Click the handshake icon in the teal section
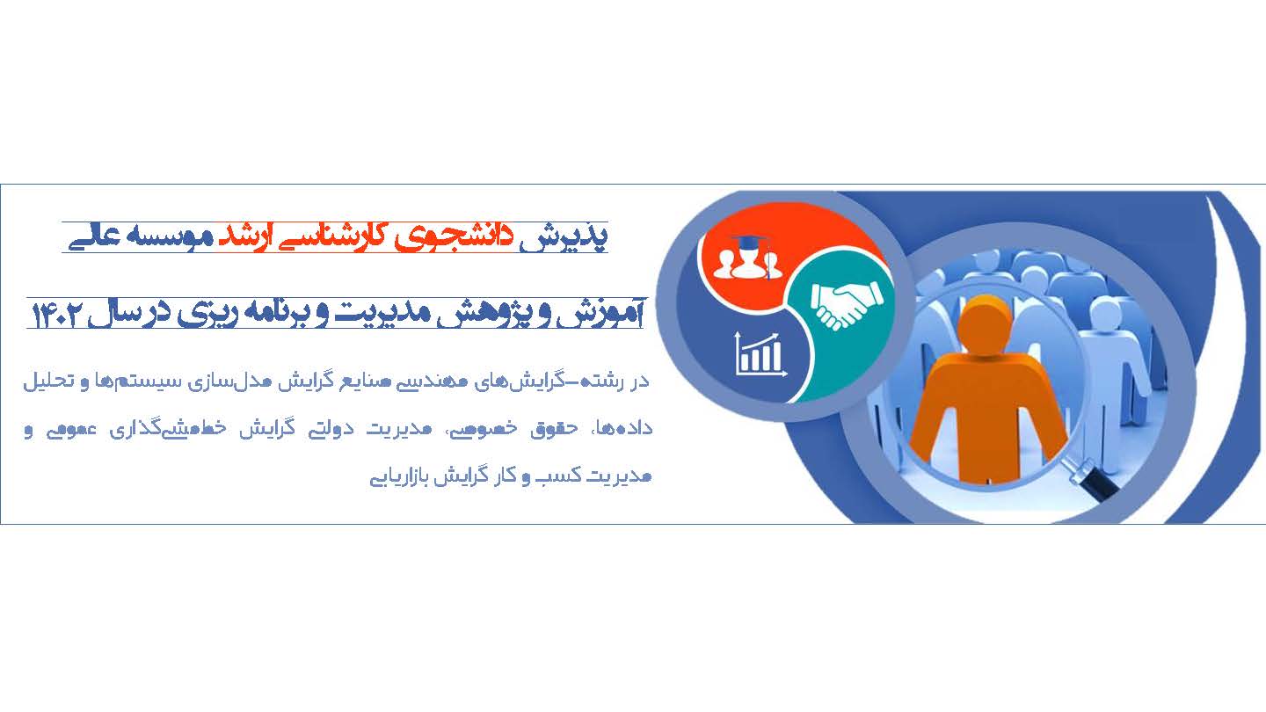[846, 305]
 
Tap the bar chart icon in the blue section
[760, 354]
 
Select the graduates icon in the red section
[748, 258]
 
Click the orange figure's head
[985, 325]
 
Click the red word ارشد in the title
[244, 237]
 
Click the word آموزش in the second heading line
[600, 314]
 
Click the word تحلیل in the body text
[49, 381]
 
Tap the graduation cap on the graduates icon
[750, 243]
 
